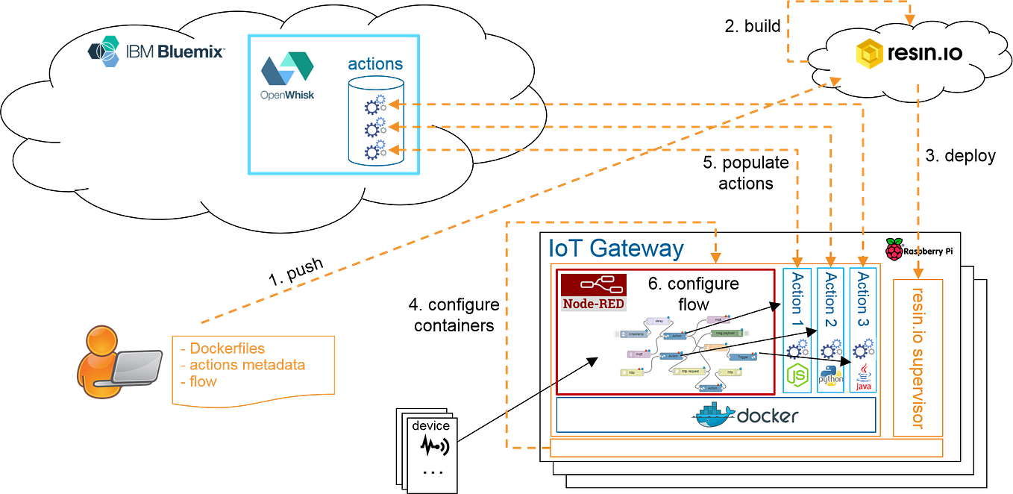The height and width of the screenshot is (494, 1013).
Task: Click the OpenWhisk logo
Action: pos(287,75)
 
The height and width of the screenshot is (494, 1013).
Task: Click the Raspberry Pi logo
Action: pos(894,249)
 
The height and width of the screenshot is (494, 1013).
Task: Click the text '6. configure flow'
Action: pos(693,294)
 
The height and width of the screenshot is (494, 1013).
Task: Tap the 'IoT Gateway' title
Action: pos(616,248)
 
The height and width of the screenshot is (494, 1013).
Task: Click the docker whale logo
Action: pos(715,415)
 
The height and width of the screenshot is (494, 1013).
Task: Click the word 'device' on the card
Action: pos(430,425)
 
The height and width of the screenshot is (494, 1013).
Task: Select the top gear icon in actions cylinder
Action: pos(373,105)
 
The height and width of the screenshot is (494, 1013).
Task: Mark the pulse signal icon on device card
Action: pos(433,447)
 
